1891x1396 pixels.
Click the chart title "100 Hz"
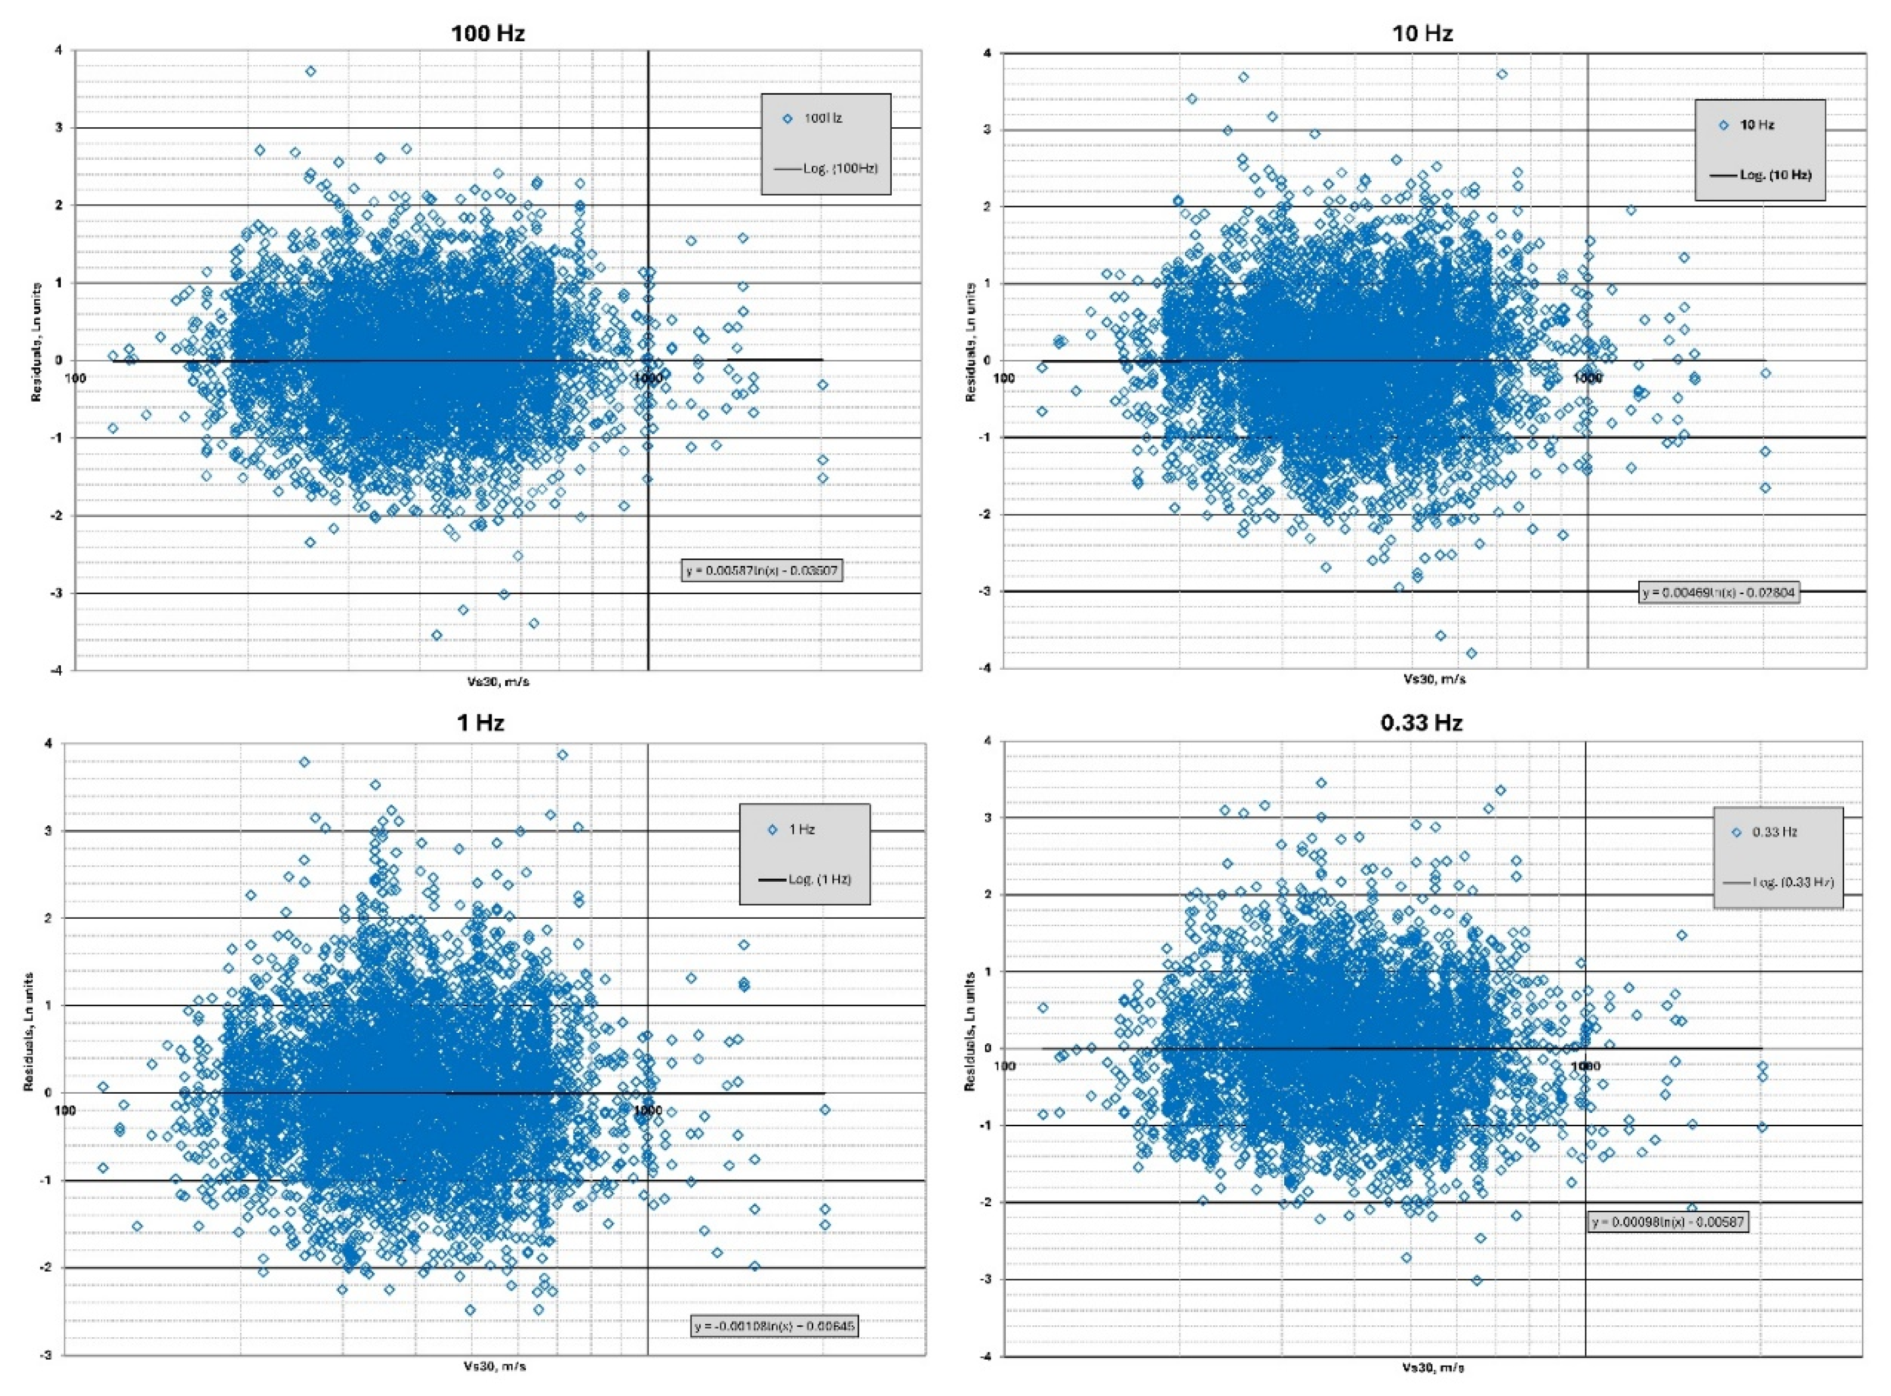pos(487,33)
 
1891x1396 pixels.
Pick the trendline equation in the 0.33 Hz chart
pos(1667,1222)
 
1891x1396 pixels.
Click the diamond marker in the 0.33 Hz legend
pos(1737,832)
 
